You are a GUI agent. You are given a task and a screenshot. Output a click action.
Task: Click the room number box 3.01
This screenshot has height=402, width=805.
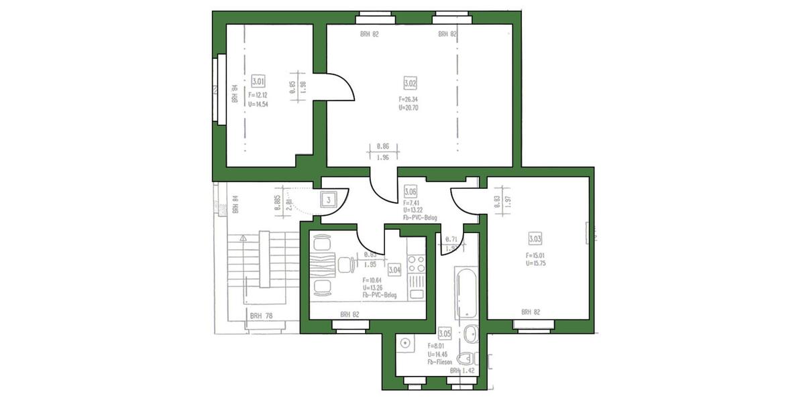click(x=258, y=81)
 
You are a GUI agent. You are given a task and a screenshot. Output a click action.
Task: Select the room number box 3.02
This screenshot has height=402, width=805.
click(x=410, y=84)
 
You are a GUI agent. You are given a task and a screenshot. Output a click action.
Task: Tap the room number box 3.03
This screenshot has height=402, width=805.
click(x=535, y=239)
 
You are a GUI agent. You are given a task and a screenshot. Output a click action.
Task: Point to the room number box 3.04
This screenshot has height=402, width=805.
click(x=394, y=269)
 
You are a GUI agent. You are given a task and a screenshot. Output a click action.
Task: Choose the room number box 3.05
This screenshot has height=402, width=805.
click(x=443, y=333)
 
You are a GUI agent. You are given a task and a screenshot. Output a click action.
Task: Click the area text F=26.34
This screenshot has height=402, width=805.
click(x=408, y=99)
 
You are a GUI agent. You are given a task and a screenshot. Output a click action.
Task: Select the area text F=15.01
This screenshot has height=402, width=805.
click(x=536, y=255)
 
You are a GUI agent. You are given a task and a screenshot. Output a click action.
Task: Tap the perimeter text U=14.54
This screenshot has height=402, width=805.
click(x=258, y=104)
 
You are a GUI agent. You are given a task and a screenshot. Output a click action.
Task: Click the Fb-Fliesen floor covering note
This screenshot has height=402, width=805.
click(x=441, y=362)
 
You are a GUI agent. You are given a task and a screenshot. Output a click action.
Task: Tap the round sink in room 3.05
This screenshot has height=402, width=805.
click(x=405, y=344)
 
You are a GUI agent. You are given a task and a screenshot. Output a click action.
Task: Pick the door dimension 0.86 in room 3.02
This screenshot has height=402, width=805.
click(x=382, y=145)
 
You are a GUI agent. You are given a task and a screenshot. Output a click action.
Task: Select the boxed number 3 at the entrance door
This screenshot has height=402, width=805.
click(x=329, y=199)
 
